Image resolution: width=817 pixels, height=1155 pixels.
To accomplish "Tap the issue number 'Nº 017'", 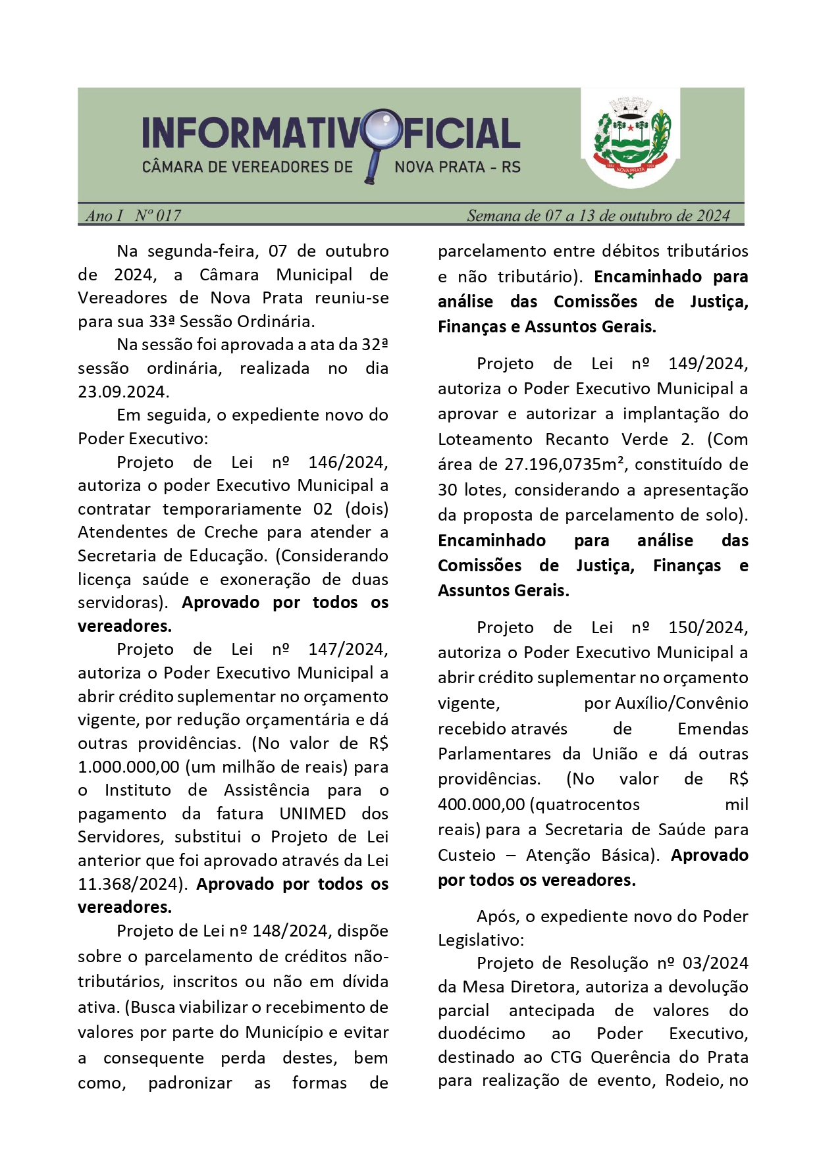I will tap(158, 215).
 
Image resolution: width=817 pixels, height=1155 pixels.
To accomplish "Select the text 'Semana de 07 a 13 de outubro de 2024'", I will tap(598, 215).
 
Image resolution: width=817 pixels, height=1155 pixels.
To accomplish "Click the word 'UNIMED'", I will tap(313, 813).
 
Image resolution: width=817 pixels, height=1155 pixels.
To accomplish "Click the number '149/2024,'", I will tap(708, 364).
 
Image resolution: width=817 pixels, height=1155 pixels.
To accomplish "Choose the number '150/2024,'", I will tap(708, 628).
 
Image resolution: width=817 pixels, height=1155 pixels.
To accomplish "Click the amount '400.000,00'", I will tap(481, 805).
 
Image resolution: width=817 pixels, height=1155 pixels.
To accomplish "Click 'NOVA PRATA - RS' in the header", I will tap(458, 167).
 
